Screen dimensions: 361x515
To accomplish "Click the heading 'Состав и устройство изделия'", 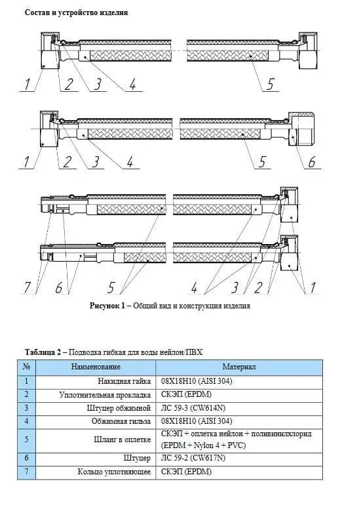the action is tap(77, 13).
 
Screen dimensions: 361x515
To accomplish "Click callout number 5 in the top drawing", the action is tap(270, 84).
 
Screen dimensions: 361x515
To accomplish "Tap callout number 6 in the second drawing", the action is tap(311, 161).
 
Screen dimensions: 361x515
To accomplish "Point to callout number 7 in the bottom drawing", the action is tap(27, 287).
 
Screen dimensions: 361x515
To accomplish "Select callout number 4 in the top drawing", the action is tap(132, 84).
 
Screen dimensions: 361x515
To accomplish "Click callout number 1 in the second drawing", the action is tap(26, 161).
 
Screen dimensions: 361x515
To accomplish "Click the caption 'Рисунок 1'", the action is tap(107, 306).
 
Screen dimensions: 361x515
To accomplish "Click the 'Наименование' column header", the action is tap(96, 367).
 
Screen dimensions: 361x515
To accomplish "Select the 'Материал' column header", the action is tap(239, 367).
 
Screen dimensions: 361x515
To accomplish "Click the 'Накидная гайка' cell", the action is tap(124, 381).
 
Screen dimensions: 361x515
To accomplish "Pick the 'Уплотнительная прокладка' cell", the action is tap(105, 395).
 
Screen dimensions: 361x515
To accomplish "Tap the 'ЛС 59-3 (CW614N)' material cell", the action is tap(193, 408).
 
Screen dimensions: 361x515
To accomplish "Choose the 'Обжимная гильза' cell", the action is tap(121, 421).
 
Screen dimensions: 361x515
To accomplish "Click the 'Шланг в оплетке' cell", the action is tap(123, 440).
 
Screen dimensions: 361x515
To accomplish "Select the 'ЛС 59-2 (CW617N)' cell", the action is tap(193, 458).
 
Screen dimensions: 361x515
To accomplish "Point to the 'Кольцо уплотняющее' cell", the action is tap(114, 472).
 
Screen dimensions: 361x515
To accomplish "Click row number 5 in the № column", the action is tap(27, 440).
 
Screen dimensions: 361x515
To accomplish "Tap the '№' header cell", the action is tap(27, 367).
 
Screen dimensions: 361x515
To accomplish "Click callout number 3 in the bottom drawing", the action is tap(234, 287).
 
